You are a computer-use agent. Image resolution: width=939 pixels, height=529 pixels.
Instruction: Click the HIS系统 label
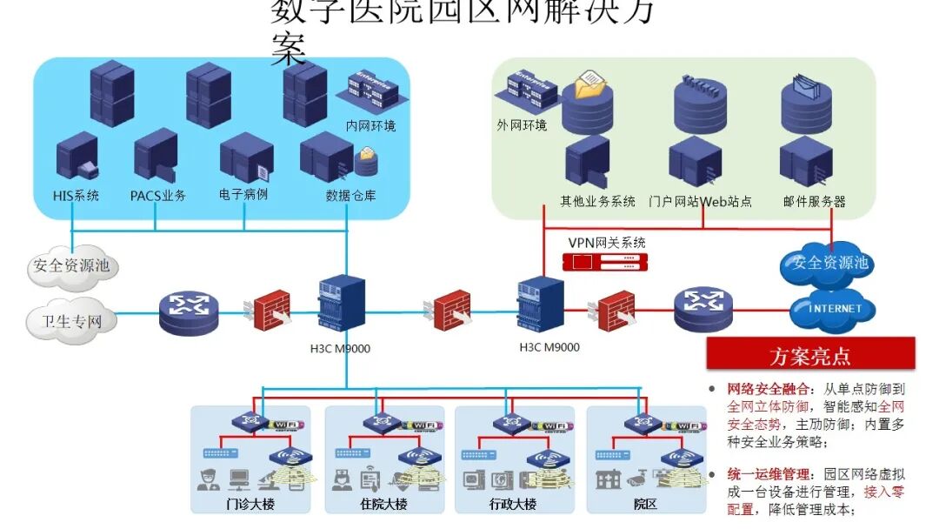[x=76, y=196]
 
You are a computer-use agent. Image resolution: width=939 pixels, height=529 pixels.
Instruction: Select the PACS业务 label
[x=158, y=196]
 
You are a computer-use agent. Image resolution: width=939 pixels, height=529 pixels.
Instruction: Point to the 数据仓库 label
[x=350, y=196]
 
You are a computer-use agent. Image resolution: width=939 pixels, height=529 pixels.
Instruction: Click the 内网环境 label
[x=370, y=126]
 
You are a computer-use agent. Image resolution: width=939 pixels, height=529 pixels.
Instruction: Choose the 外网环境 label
[x=522, y=125]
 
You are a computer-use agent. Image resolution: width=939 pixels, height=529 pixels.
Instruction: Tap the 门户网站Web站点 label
[x=700, y=202]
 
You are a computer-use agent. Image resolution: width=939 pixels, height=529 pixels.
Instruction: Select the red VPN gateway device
[x=605, y=261]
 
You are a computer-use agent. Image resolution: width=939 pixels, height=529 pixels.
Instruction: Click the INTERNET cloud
[x=836, y=309]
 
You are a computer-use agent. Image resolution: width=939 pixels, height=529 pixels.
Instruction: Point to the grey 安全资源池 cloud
[x=72, y=265]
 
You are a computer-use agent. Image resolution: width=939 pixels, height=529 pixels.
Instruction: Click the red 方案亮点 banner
[x=809, y=356]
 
